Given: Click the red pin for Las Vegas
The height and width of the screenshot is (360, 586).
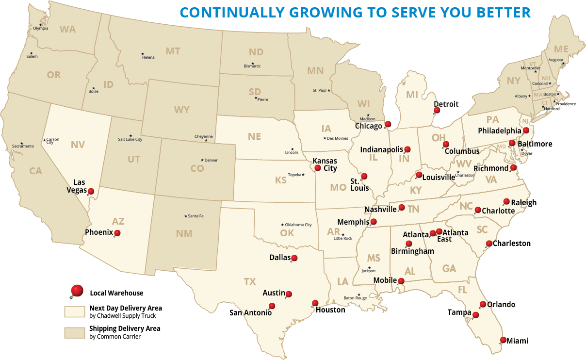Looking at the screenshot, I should (91, 191).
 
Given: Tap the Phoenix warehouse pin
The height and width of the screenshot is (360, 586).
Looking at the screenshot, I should (117, 233).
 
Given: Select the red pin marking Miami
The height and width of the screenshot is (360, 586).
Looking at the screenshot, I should (503, 340).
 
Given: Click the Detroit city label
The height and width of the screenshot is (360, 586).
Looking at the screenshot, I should (446, 104).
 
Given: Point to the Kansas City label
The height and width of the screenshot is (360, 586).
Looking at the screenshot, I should (325, 164).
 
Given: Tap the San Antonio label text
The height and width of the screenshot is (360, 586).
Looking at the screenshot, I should (250, 312).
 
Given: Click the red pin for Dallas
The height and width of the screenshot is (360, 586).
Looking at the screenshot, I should (294, 258).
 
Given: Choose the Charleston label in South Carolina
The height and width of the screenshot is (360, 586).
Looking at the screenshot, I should (512, 243).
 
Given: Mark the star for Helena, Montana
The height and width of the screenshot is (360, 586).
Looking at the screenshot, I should (143, 54).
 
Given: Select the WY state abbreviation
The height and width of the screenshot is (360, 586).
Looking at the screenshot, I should (182, 110).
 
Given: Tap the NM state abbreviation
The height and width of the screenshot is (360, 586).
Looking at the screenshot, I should (185, 233).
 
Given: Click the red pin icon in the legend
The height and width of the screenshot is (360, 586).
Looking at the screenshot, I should (77, 291).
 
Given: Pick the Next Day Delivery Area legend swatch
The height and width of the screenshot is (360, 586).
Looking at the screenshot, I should (74, 311).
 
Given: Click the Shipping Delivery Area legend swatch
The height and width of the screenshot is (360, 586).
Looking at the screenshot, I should (74, 332).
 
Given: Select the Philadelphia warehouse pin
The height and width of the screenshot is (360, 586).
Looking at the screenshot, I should (526, 131).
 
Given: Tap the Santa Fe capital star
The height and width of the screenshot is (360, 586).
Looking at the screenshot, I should (185, 216).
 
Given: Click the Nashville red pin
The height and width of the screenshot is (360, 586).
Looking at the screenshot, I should (402, 208).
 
